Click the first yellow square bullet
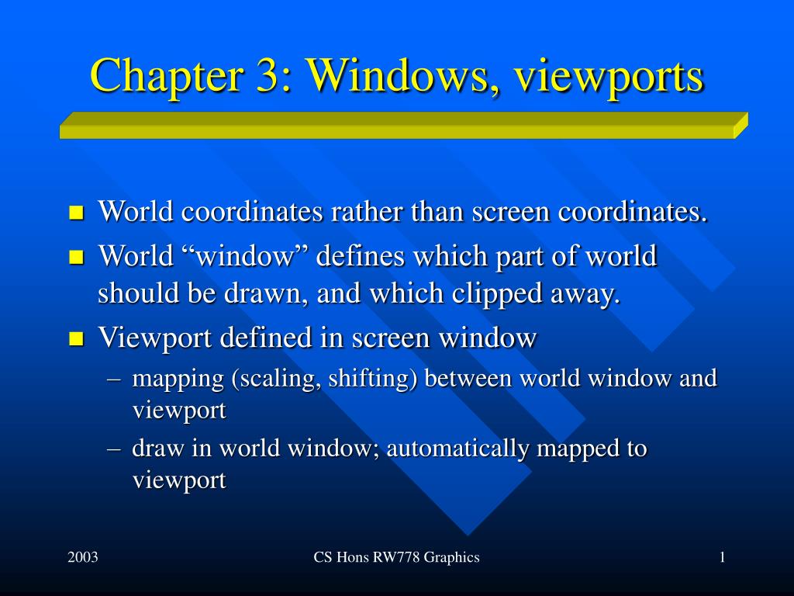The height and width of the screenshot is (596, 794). (x=76, y=213)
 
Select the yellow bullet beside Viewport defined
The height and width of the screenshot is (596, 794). (x=76, y=338)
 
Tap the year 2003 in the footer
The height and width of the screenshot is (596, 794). (x=82, y=557)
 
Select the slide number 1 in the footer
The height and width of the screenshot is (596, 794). (x=722, y=557)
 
